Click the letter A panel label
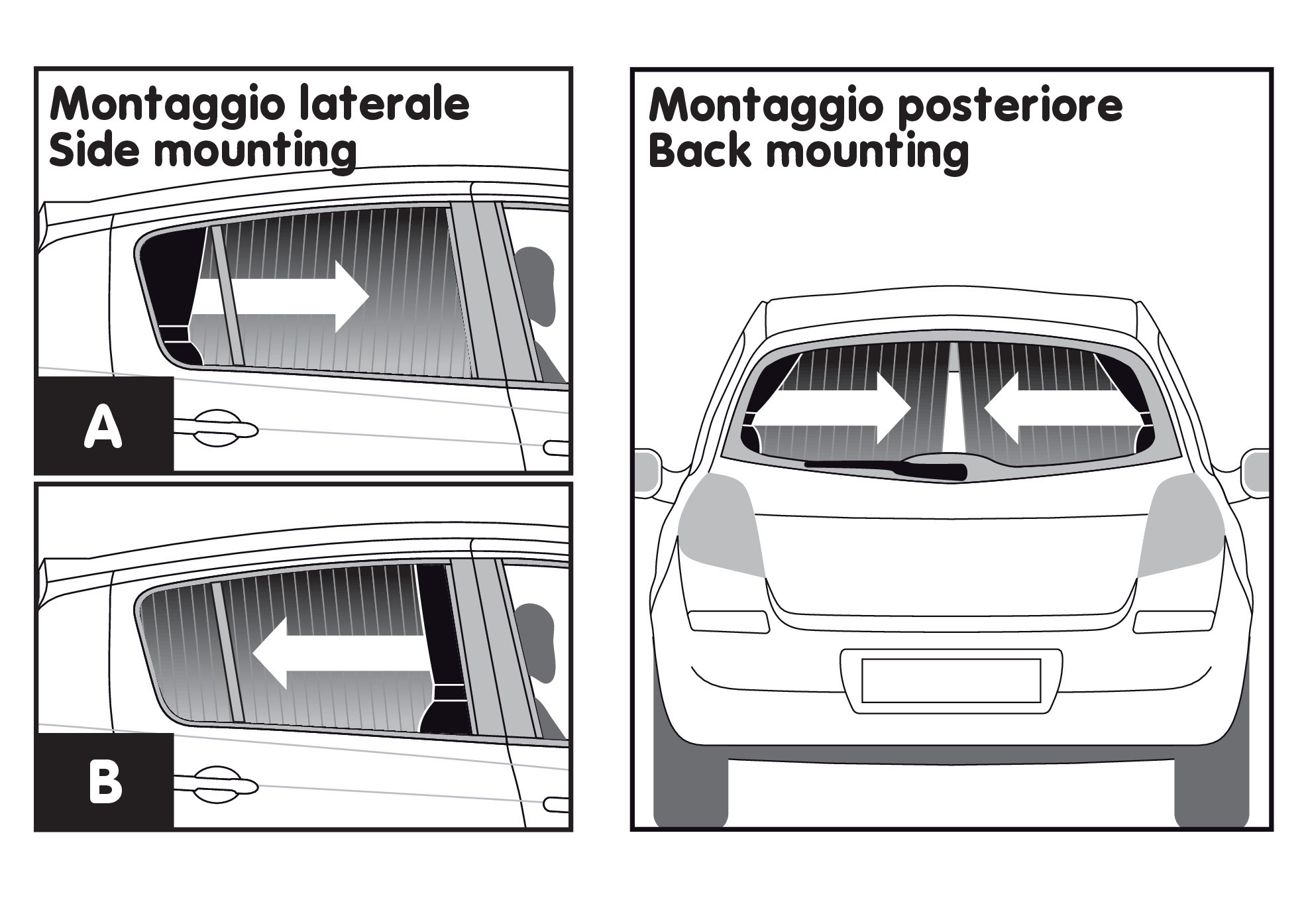coord(103,427)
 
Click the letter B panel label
coord(105,782)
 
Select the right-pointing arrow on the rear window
coord(833,408)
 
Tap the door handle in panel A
coord(215,429)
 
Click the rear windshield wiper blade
coord(885,469)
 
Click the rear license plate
coord(951,681)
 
